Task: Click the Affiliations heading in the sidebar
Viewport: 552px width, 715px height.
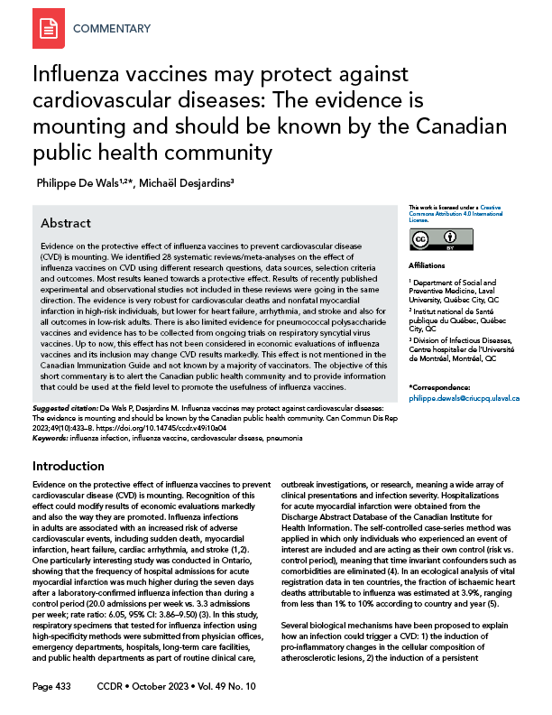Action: click(x=428, y=267)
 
